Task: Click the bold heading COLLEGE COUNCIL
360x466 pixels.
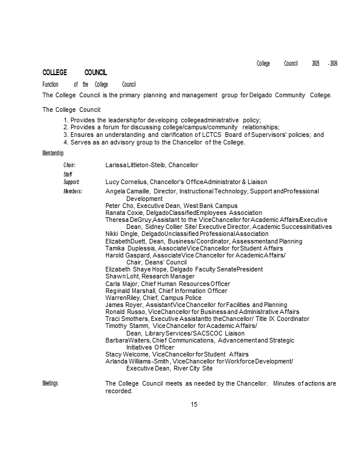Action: click(75, 73)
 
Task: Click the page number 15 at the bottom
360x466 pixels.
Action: click(194, 404)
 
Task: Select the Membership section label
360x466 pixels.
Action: click(53, 153)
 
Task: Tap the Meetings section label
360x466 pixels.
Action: click(50, 383)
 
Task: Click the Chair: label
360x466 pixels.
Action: click(69, 165)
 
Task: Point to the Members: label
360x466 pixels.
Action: click(73, 191)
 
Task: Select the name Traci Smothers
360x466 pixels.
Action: click(126, 319)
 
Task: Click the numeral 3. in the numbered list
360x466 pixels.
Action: click(66, 135)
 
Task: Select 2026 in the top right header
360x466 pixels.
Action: click(334, 63)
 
